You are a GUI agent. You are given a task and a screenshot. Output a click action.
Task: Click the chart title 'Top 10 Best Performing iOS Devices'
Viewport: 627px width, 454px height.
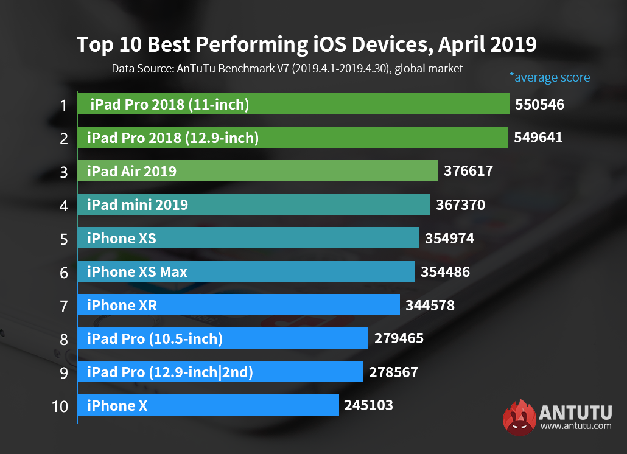coord(306,45)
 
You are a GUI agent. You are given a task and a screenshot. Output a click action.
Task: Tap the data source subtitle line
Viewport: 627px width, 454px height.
coord(287,69)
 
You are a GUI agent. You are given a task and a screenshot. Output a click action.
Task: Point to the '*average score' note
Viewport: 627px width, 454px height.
coord(549,77)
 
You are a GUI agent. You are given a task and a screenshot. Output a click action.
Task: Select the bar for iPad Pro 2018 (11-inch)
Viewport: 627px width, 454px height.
coord(293,104)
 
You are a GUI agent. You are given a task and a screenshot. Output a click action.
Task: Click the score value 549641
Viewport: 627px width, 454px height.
coord(538,138)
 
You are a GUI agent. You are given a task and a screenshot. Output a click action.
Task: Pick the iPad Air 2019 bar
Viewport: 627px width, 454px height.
coord(257,171)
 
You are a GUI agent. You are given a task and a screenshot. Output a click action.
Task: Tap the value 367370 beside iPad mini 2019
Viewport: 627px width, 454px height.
coord(460,205)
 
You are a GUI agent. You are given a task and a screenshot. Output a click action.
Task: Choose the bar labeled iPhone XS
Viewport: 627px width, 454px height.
coord(248,238)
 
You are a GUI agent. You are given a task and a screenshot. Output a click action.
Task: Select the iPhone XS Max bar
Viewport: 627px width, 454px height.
coord(246,271)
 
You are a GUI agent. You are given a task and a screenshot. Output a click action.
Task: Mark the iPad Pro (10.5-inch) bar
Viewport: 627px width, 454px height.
coord(223,338)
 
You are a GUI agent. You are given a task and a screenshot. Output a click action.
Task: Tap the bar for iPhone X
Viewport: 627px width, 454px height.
coord(208,405)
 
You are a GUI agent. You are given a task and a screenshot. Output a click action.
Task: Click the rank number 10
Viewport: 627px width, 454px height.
coord(60,406)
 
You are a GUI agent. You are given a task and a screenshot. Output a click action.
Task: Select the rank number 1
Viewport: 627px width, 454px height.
coord(63,105)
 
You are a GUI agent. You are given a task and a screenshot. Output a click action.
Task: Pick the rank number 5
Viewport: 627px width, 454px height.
coord(63,239)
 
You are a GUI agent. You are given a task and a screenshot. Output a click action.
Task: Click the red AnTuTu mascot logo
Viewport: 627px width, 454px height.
coord(519,417)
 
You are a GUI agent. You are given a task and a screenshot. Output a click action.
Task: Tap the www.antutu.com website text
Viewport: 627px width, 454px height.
coord(576,426)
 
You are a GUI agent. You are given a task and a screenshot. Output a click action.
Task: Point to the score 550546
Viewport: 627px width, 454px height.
coord(539,105)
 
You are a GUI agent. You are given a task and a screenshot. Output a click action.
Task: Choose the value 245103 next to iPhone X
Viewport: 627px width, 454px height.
coord(368,405)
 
